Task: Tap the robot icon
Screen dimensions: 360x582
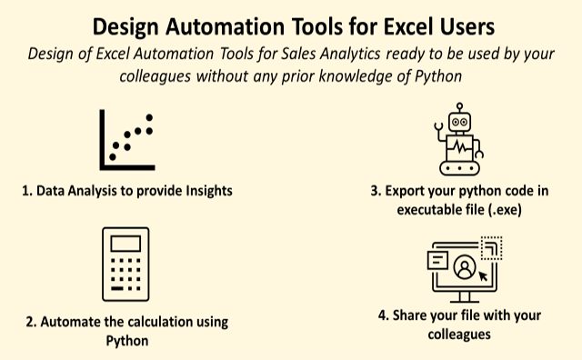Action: coord(461,142)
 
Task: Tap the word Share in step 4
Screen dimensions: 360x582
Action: coord(410,316)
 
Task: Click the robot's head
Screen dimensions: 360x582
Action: coord(461,120)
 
